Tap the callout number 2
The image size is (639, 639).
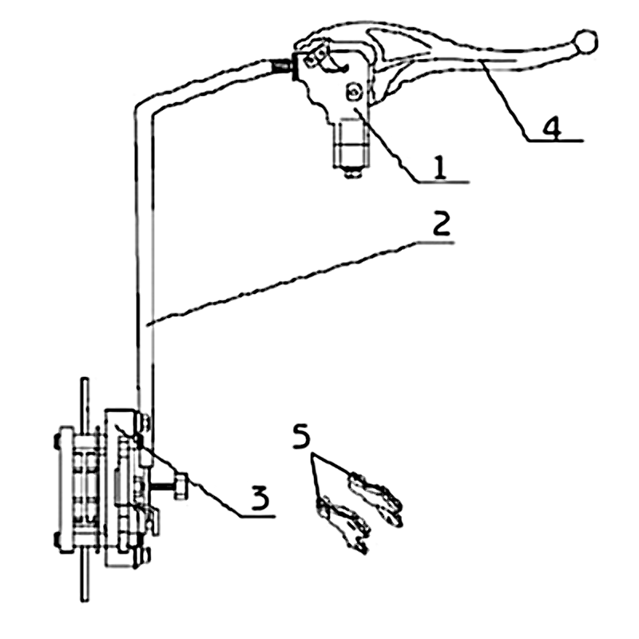click(x=442, y=224)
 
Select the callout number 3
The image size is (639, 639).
click(x=260, y=498)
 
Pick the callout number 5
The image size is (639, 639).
click(x=302, y=435)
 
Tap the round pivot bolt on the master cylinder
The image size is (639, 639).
click(x=353, y=93)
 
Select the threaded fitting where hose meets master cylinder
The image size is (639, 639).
click(x=282, y=66)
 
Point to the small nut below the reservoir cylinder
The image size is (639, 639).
click(x=354, y=173)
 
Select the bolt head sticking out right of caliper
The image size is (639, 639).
click(x=180, y=486)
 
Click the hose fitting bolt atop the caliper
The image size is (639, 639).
click(x=144, y=423)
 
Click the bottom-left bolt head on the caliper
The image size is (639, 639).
click(x=58, y=540)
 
